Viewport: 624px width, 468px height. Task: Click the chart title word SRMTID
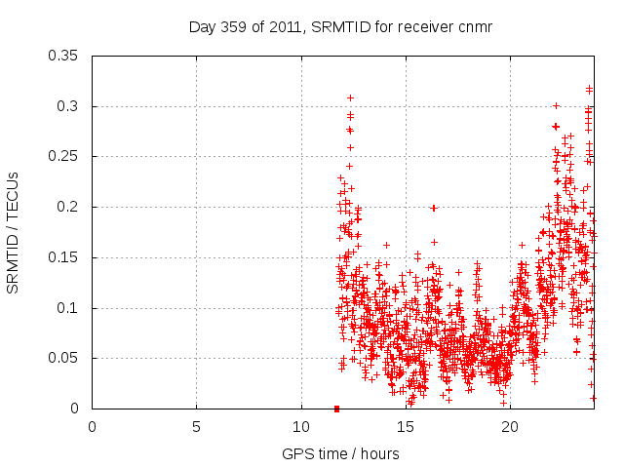pos(337,27)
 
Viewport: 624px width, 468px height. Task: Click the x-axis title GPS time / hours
pos(340,453)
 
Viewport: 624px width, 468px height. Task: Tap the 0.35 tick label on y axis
pos(66,56)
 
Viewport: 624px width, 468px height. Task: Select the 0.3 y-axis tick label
pos(71,106)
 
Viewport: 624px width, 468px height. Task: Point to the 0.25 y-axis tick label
pos(66,156)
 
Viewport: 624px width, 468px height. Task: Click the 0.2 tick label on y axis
pos(71,207)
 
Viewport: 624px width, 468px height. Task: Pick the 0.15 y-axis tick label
pos(66,257)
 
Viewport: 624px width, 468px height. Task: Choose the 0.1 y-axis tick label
pos(71,308)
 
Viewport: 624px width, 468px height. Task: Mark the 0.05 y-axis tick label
pos(66,358)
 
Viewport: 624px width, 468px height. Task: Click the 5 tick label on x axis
pos(196,426)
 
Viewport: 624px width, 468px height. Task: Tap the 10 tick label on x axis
pos(301,426)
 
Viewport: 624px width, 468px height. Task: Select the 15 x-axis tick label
pos(406,426)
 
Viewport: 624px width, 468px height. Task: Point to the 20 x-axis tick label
pos(510,426)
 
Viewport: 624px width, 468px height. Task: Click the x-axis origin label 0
pos(92,426)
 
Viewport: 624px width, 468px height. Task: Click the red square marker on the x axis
pos(336,409)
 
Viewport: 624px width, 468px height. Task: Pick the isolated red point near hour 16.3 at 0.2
pos(433,208)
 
